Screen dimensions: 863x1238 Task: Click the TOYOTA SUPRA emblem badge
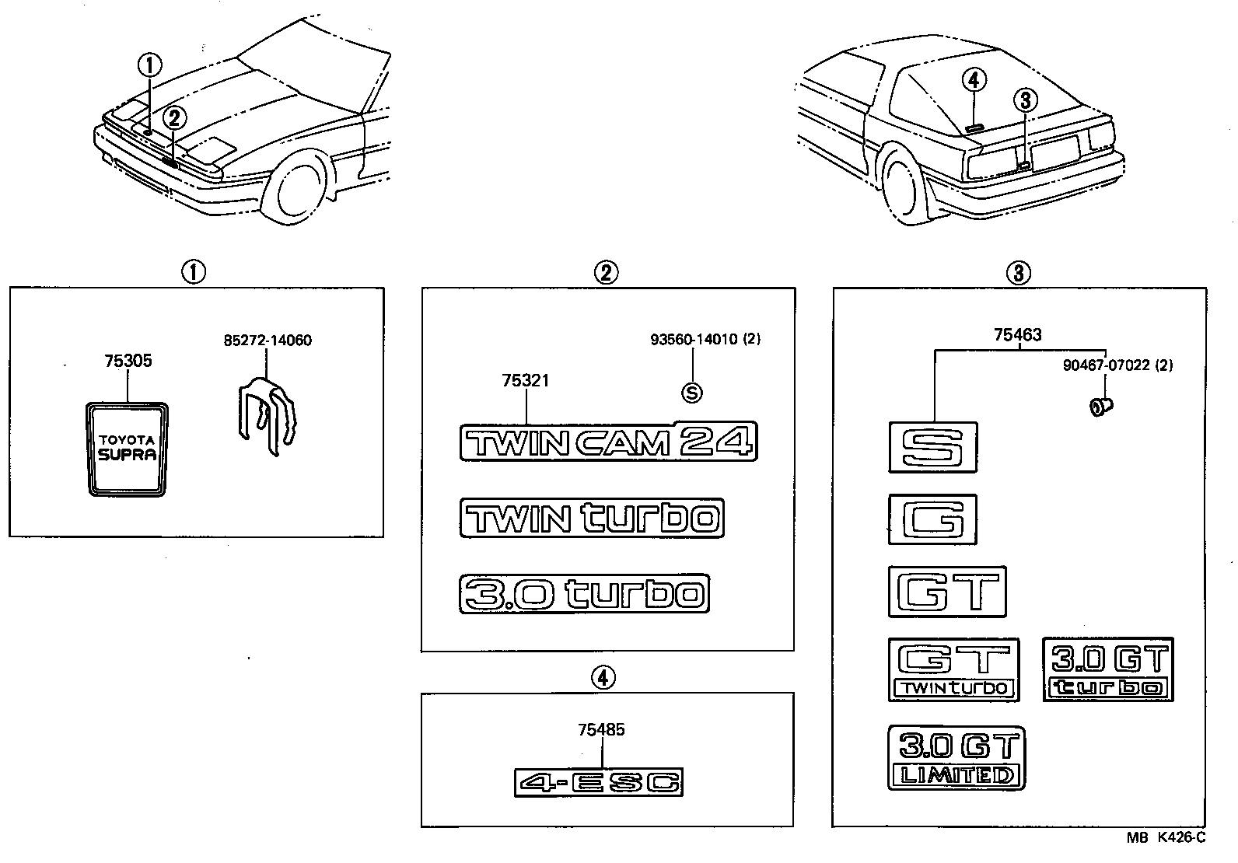tap(127, 449)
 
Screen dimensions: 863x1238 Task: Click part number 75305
tap(128, 361)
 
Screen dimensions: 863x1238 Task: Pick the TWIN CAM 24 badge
tap(608, 442)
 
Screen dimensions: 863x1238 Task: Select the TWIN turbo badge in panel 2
tap(592, 518)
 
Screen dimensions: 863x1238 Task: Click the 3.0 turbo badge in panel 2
tap(584, 595)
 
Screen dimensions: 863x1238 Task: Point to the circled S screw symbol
tap(691, 393)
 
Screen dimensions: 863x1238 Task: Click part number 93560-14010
tap(694, 340)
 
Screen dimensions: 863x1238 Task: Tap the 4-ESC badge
tap(599, 782)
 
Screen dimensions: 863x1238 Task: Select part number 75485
tap(601, 729)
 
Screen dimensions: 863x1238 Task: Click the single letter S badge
tap(932, 447)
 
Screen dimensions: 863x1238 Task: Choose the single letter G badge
tap(932, 519)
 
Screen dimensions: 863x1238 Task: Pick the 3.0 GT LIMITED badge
tap(956, 758)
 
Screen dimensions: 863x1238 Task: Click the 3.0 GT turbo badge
tap(1108, 669)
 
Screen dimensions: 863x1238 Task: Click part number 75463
tap(1017, 335)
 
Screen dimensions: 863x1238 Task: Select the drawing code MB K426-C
tap(1166, 837)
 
